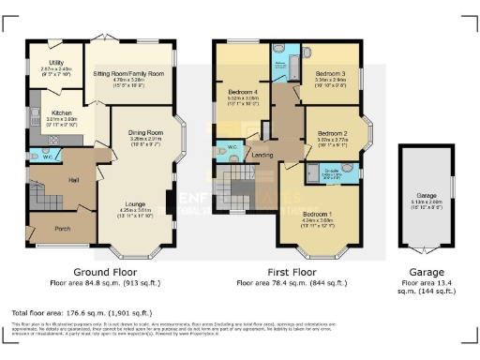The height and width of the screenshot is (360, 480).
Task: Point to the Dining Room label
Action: click(145, 134)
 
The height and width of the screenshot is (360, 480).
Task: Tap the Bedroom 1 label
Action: click(317, 214)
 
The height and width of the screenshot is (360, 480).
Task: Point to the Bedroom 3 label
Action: click(330, 74)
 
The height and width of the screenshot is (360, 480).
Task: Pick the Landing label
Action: click(264, 156)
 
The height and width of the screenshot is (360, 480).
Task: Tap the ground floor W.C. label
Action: click(47, 156)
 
